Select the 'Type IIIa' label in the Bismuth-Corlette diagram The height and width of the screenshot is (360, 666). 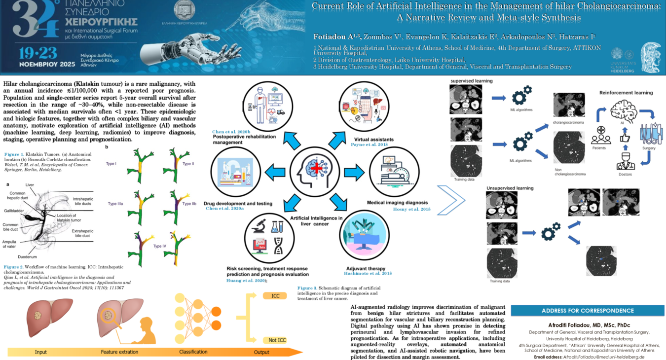click(x=114, y=204)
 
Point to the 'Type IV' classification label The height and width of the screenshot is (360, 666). click(x=160, y=246)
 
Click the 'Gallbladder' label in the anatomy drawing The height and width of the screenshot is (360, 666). click(x=13, y=210)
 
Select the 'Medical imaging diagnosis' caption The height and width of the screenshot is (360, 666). click(x=397, y=203)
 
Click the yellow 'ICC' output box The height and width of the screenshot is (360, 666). click(x=274, y=296)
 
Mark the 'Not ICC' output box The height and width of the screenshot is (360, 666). click(x=277, y=340)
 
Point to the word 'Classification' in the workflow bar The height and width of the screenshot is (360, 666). click(x=193, y=352)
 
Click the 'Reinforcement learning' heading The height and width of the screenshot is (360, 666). click(x=626, y=92)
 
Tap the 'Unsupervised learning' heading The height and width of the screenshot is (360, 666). click(x=510, y=188)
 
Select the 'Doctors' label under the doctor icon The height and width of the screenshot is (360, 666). click(x=625, y=174)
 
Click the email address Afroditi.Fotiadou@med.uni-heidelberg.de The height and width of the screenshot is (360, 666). click(x=603, y=357)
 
